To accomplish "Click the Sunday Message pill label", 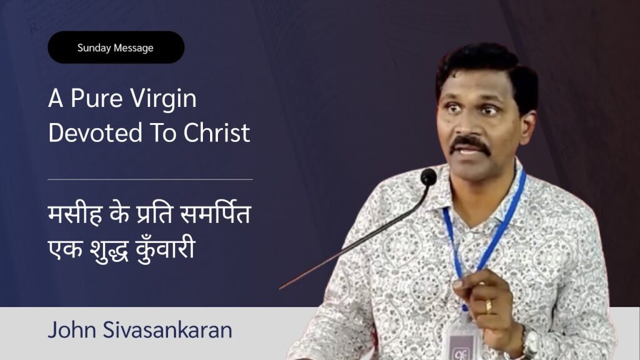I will [x=116, y=47].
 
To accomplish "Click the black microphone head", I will [x=429, y=177].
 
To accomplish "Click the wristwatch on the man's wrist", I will [x=531, y=342].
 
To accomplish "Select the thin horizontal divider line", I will [x=150, y=179].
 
